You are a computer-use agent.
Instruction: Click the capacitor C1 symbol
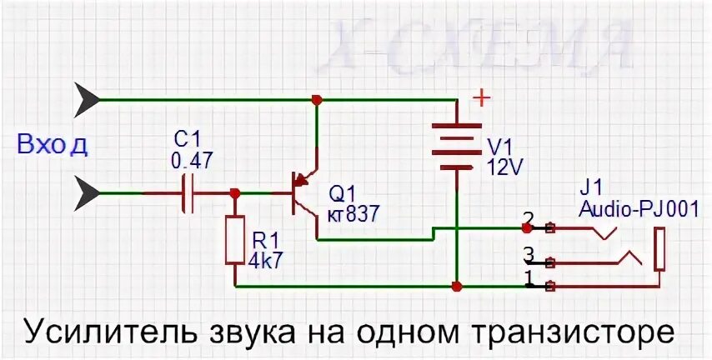pyautogui.click(x=188, y=193)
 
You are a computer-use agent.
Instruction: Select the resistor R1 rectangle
pyautogui.click(x=236, y=241)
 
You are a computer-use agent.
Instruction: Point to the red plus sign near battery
pyautogui.click(x=482, y=98)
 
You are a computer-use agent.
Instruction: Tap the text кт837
pyautogui.click(x=353, y=214)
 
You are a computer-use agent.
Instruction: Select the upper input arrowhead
pyautogui.click(x=87, y=100)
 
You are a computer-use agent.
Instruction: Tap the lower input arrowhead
pyautogui.click(x=87, y=194)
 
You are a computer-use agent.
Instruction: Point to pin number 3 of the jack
pyautogui.click(x=527, y=252)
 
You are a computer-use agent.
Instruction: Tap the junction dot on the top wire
pyautogui.click(x=316, y=100)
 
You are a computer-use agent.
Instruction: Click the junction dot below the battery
pyautogui.click(x=457, y=287)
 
